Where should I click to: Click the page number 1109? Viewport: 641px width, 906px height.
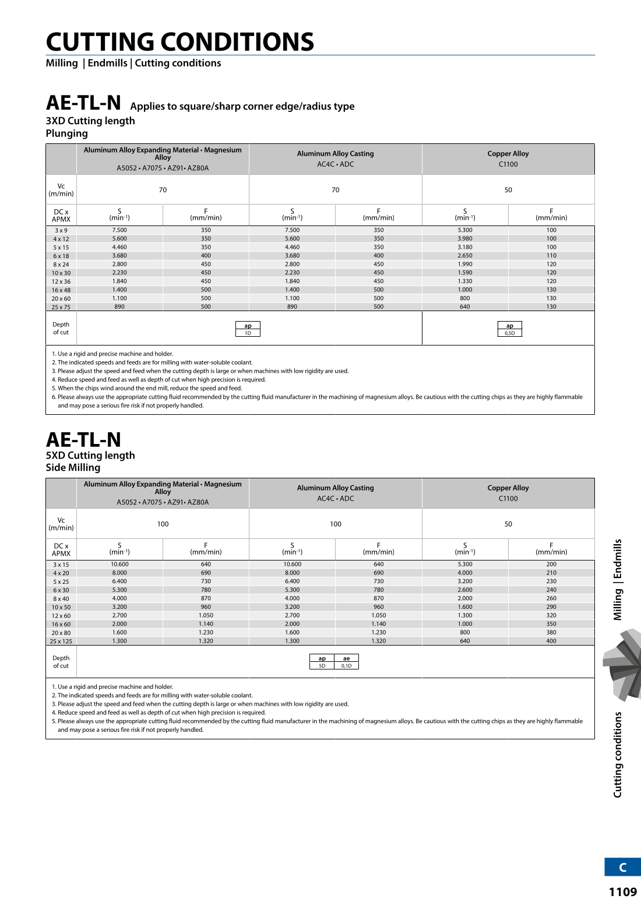[622, 892]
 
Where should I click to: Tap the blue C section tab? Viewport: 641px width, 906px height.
[622, 867]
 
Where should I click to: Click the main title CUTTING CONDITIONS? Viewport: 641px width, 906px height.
[179, 42]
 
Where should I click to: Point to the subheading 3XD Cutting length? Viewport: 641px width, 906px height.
[90, 121]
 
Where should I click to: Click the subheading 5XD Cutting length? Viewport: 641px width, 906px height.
[90, 455]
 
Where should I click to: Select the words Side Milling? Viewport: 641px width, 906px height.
[73, 467]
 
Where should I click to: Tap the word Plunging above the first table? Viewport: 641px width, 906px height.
[67, 133]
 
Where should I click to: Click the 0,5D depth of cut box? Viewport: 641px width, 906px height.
[510, 333]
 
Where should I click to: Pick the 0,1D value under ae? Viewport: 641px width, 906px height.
[347, 666]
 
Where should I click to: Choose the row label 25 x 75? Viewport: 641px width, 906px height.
[61, 307]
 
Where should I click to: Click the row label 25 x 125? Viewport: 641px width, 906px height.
[61, 641]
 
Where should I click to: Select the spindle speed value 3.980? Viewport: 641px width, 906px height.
[465, 238]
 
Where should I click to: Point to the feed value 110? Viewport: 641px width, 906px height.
[551, 255]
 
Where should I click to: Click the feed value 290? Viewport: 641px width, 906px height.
[551, 607]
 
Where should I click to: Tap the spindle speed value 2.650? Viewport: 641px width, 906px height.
[465, 255]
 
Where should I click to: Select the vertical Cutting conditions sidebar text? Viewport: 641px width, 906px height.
[618, 754]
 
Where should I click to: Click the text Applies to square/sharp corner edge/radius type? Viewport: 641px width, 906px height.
[242, 107]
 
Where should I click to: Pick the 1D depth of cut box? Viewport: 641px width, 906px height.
[248, 333]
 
